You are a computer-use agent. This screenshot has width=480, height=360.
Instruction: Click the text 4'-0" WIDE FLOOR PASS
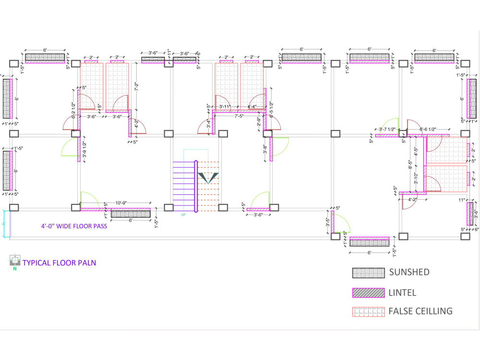pos(73,226)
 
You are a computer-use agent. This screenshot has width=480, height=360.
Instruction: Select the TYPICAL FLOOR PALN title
pos(60,263)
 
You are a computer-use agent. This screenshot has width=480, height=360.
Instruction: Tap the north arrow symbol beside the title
pos(14,262)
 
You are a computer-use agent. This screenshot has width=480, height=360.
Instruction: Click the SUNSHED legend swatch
pos(369,273)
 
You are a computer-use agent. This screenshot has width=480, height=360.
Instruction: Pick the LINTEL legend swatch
pos(369,293)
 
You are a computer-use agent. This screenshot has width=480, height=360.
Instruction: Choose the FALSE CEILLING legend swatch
pos(369,312)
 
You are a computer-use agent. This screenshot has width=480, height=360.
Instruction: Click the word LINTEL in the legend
pos(403,293)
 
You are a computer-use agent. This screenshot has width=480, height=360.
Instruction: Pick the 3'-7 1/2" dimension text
pos(387,130)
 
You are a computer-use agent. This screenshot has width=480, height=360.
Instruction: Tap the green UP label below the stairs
pos(183,215)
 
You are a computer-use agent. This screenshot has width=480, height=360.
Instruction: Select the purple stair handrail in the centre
pos(196,186)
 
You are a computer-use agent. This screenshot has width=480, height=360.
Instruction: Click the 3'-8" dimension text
pos(264,150)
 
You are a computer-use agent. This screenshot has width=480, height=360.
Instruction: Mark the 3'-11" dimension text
pos(226,107)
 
